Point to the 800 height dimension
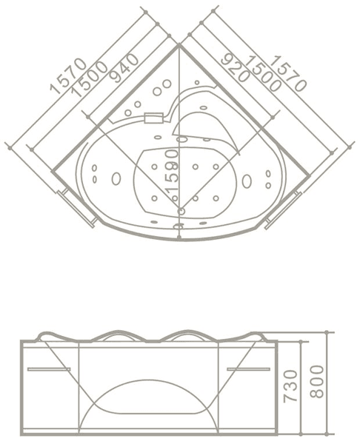click(317, 381)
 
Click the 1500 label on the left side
click(90, 78)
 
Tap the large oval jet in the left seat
click(116, 178)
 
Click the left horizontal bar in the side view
click(48, 368)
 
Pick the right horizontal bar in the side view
click(248, 368)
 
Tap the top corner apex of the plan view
click(179, 46)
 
